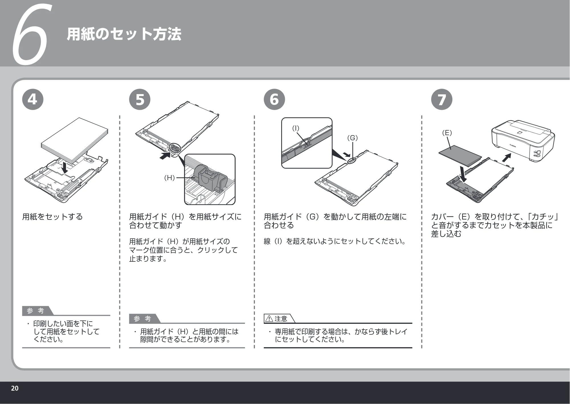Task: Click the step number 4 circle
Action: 33,100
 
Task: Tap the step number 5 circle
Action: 140,100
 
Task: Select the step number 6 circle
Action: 274,100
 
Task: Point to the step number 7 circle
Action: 442,100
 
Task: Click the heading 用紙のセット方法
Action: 124,34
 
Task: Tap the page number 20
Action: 15,388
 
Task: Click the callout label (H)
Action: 169,178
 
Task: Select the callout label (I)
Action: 296,128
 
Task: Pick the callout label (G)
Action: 352,138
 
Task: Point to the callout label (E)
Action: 447,133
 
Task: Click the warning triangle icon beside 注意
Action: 269,319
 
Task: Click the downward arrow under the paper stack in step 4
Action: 65,167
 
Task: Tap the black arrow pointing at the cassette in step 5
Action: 165,156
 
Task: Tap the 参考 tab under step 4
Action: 37,311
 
